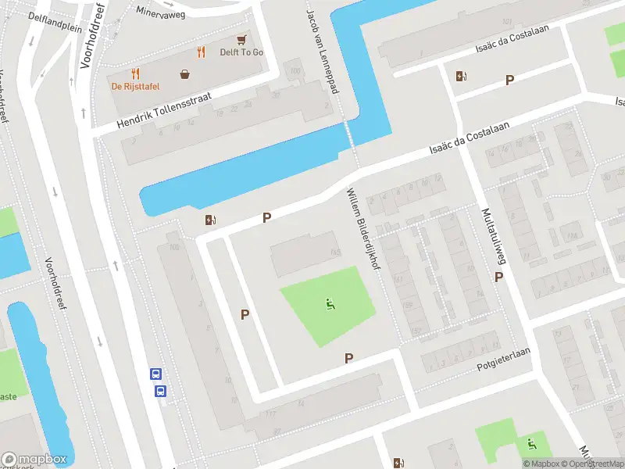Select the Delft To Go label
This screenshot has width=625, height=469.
(241, 52)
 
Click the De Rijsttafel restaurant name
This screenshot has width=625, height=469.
(134, 87)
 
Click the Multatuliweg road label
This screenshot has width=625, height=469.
(491, 234)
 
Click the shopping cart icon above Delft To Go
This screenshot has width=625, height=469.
(242, 38)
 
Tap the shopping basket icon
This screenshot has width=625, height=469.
(185, 74)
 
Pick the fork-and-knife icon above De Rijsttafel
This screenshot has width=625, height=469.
(135, 73)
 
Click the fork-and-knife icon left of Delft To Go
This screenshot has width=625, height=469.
(201, 52)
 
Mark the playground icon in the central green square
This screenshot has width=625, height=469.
(329, 304)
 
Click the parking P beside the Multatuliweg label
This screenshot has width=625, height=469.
(498, 277)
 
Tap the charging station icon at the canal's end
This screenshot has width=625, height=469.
(209, 220)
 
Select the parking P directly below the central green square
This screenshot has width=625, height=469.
(349, 358)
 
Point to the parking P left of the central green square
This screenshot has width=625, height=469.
(245, 314)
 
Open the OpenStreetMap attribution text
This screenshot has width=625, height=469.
(589, 464)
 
